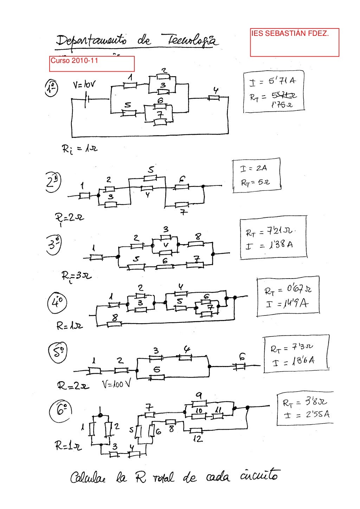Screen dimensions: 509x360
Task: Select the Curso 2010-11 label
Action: (75, 60)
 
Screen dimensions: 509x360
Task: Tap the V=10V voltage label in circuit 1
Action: (84, 85)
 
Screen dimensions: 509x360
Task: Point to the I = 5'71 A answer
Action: (273, 81)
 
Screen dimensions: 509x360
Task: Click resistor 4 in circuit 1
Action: (213, 98)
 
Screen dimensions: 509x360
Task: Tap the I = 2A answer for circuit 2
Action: (253, 169)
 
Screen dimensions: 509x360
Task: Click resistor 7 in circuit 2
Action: (182, 204)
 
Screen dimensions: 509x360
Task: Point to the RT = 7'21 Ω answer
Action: (271, 232)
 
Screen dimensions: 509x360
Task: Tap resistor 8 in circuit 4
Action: (114, 324)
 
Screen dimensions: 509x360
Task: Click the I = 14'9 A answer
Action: (287, 303)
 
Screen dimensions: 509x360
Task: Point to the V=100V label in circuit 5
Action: (116, 384)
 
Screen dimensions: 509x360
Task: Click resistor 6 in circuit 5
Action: (240, 366)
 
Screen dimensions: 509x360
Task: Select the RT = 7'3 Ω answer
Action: (292, 348)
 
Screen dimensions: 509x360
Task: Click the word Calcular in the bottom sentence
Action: (90, 478)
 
